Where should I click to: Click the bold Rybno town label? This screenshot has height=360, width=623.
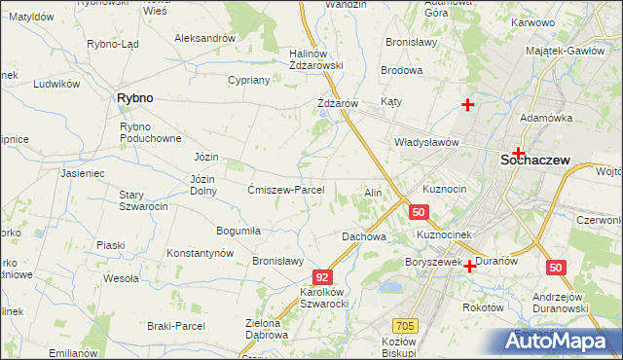135,98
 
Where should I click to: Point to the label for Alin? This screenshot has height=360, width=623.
373,193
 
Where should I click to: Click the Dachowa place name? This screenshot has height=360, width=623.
364,236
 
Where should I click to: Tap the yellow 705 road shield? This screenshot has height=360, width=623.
405,325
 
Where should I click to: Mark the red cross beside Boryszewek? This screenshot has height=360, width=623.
470,266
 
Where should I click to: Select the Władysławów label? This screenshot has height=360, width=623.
425,142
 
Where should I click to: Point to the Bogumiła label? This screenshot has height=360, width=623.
238,231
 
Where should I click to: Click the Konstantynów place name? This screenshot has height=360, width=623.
201,253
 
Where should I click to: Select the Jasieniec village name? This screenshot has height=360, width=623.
82,173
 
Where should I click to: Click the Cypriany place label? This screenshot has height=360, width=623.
248,80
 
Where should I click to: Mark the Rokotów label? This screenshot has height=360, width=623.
483,306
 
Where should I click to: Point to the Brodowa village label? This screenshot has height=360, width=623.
401,71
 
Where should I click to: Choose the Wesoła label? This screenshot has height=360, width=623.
121,278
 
